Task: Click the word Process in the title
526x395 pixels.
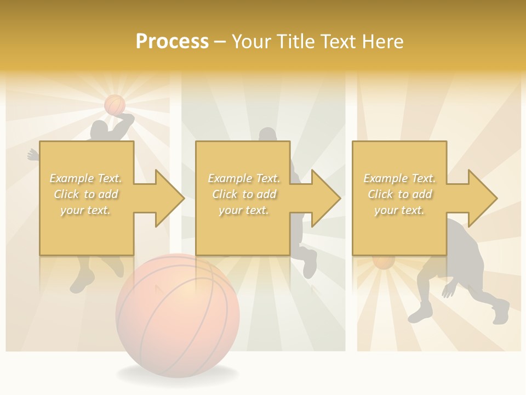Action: (172, 41)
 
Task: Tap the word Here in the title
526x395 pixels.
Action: (382, 42)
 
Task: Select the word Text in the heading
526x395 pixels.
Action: (337, 42)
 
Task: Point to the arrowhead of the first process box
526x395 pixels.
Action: (170, 198)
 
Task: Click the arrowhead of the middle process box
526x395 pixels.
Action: (327, 198)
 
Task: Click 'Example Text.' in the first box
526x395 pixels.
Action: (85, 178)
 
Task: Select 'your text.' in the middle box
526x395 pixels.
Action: (243, 210)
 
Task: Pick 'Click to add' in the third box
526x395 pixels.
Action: (399, 194)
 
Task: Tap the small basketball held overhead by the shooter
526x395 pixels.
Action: (115, 104)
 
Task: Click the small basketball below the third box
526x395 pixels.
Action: (384, 262)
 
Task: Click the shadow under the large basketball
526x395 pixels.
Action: (178, 375)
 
